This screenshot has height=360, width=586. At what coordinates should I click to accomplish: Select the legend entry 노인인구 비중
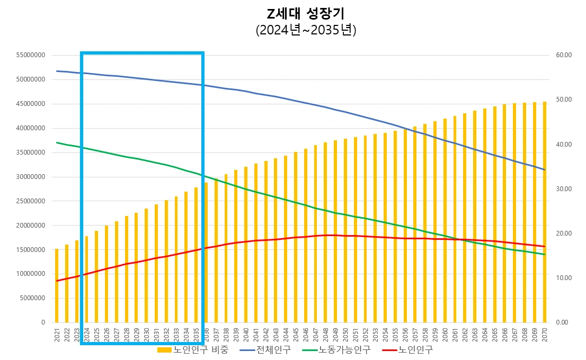[193, 350]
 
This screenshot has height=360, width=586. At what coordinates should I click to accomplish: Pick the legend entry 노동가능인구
[336, 350]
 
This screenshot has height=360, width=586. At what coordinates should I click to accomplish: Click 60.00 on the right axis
[565, 55]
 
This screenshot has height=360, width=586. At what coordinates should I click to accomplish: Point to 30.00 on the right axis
[565, 189]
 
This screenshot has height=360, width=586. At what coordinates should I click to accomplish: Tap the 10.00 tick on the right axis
[565, 278]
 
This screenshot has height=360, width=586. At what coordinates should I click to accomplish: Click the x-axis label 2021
[57, 334]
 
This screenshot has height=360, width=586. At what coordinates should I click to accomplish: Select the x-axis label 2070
[544, 334]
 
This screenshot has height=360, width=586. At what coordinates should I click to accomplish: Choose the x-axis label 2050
[345, 334]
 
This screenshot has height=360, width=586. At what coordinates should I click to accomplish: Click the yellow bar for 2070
[544, 212]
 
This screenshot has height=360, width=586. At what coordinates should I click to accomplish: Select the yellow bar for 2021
[57, 286]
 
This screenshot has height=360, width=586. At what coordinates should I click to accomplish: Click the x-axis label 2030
[146, 334]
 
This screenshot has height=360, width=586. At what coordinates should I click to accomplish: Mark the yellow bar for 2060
[445, 220]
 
